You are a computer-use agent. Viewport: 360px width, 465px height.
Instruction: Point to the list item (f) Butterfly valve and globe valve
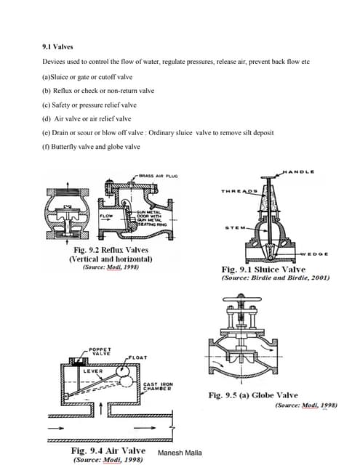point(91,146)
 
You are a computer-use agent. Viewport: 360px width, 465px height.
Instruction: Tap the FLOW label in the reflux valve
point(105,216)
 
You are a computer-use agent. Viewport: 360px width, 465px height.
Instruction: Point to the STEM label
point(232,227)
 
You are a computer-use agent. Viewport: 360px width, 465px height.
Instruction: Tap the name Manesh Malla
point(180,452)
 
